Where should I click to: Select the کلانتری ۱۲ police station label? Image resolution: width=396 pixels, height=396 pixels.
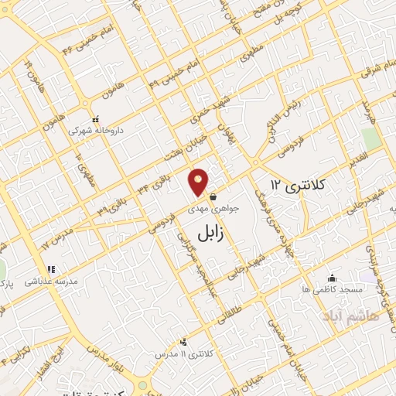299,184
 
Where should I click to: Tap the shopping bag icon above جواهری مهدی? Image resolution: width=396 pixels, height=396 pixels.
212,196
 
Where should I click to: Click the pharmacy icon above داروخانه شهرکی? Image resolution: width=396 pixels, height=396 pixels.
95,120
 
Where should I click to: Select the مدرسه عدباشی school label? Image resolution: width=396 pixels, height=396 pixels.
53,282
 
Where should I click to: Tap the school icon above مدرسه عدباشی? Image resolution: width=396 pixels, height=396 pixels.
50,270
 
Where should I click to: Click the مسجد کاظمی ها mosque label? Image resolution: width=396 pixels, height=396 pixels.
333,289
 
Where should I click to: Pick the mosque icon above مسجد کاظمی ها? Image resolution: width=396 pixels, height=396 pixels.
333,278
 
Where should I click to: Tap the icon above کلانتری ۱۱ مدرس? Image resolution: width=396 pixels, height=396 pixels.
183,341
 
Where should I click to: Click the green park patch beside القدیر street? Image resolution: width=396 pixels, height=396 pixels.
370,138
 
